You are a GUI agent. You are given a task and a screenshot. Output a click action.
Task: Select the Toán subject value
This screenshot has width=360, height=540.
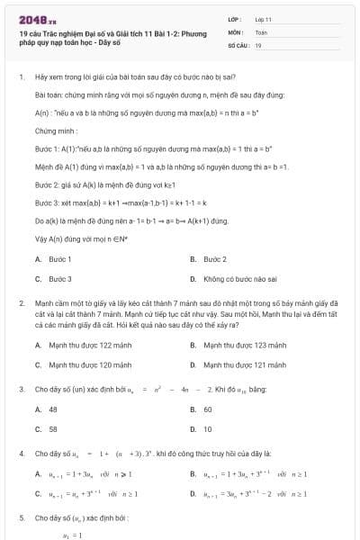coord(261,31)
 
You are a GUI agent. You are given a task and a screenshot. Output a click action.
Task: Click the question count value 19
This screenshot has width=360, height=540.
coord(258,44)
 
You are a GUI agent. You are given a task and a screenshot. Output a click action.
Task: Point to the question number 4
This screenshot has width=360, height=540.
coord(21,454)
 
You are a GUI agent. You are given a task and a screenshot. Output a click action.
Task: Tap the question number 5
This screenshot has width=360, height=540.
coord(21,518)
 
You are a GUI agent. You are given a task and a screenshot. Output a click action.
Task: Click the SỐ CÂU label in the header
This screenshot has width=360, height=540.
coord(238,44)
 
